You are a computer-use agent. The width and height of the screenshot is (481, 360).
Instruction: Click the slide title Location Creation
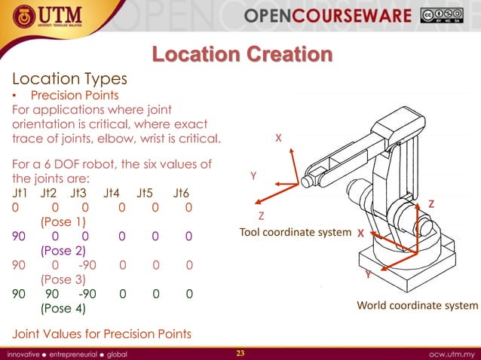tap(241, 55)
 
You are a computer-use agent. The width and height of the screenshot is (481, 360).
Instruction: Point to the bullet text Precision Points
tap(74, 96)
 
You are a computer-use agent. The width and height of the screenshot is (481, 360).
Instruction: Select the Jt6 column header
tap(181, 193)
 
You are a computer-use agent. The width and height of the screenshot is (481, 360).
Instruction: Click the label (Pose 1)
tap(63, 222)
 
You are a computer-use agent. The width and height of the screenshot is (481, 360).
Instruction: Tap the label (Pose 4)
tap(63, 308)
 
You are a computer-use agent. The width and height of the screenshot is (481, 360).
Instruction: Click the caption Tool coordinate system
tap(295, 232)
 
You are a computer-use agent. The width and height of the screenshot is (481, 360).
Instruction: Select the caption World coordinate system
tap(417, 305)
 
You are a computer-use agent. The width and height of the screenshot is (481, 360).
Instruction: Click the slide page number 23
tap(241, 352)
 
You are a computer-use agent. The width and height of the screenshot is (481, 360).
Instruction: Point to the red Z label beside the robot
tap(431, 204)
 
